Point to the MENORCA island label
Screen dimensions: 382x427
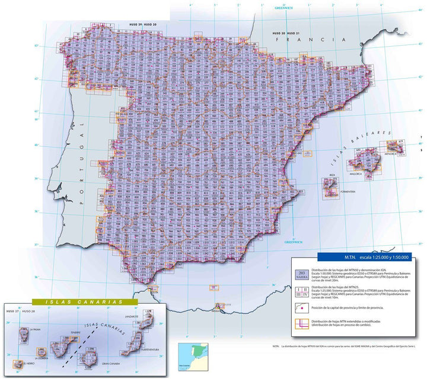point(396,154)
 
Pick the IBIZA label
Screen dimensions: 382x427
point(324,176)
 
